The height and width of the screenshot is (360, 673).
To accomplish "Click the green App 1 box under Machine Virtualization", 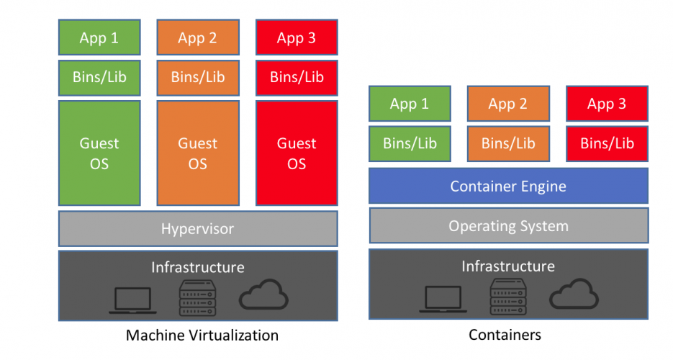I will pyautogui.click(x=99, y=38).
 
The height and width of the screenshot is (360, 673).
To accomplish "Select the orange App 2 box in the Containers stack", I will pyautogui.click(x=508, y=104).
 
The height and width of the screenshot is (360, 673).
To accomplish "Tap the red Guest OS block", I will pyautogui.click(x=297, y=153).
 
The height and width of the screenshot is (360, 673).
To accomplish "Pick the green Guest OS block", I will pyautogui.click(x=99, y=153).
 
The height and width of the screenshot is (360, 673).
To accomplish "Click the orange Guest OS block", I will pyautogui.click(x=198, y=153).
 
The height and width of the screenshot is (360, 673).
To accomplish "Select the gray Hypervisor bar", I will pyautogui.click(x=198, y=229).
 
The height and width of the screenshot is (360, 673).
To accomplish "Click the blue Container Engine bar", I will pyautogui.click(x=508, y=186).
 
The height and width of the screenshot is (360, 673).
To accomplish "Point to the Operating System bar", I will pyautogui.click(x=508, y=226).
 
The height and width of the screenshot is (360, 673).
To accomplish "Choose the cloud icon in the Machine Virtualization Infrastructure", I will pyautogui.click(x=263, y=295).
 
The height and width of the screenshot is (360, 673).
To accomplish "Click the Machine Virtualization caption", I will pyautogui.click(x=202, y=335).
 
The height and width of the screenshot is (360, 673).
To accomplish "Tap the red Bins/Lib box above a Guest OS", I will pyautogui.click(x=297, y=77).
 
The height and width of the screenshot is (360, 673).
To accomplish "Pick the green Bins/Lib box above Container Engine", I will pyautogui.click(x=410, y=143).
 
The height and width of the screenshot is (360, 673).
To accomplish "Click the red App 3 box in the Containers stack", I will pyautogui.click(x=607, y=104).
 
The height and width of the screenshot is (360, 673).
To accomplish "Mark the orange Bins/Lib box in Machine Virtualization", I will pyautogui.click(x=198, y=77).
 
